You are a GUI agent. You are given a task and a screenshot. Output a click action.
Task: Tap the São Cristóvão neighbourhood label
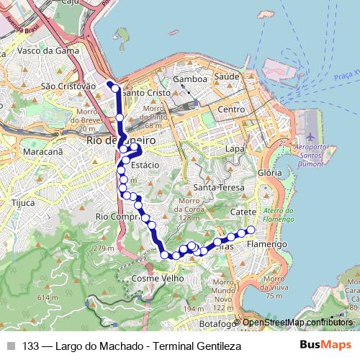click(68, 86)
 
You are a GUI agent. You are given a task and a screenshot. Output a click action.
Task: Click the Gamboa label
click(190, 79)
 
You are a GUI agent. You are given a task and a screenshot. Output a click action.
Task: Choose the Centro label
click(232, 109)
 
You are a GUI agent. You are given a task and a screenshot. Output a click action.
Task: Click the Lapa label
click(235, 148)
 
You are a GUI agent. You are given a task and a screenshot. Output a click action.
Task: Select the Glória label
click(269, 173)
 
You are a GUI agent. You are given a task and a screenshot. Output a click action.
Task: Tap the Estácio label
click(145, 165)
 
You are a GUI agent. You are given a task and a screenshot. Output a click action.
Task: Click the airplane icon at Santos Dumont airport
click(310, 136)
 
